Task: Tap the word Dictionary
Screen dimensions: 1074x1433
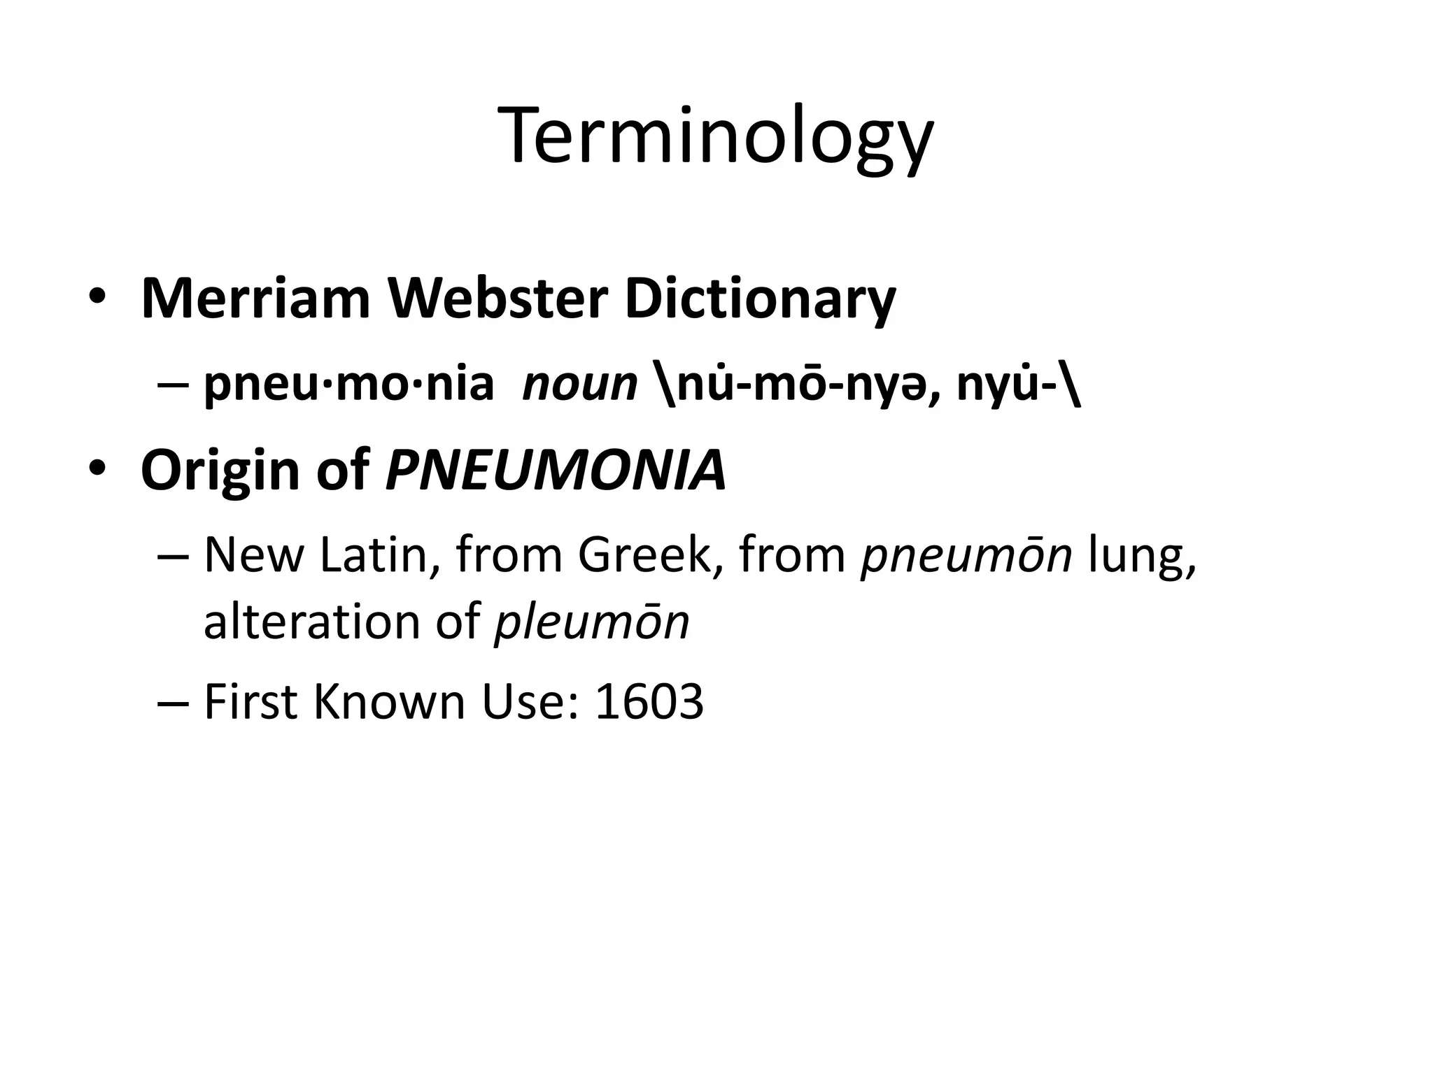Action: pos(760,299)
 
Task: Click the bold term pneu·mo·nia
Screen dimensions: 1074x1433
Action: pos(348,384)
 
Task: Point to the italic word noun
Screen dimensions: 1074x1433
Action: pos(579,385)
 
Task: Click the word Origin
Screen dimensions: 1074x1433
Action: pos(221,470)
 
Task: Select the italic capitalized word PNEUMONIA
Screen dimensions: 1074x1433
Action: pos(556,470)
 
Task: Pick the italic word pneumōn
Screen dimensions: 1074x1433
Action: pos(966,556)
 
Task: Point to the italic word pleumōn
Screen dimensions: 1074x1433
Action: pos(591,622)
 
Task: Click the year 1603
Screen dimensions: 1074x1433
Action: pos(649,701)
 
